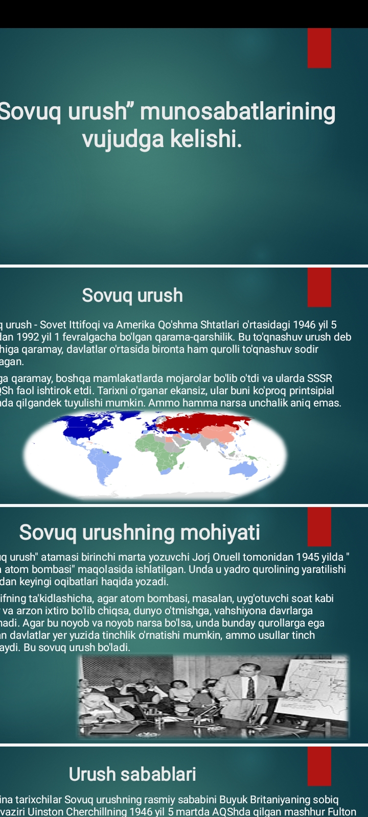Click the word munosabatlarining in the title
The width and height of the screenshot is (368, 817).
click(238, 112)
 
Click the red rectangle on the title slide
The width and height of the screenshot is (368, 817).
click(319, 48)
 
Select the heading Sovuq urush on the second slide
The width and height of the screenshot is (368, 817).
click(132, 295)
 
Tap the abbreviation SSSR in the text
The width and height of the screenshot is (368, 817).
click(319, 378)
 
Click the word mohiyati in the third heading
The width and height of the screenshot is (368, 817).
click(219, 533)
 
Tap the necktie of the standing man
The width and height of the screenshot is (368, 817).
click(250, 689)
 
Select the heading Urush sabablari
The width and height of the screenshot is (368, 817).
click(132, 774)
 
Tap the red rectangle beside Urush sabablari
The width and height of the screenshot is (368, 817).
click(319, 766)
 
